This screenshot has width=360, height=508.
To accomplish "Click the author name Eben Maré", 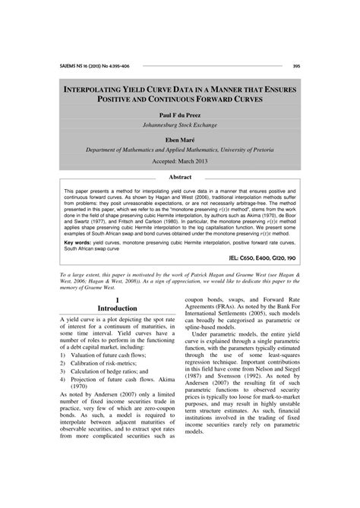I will click(179, 140).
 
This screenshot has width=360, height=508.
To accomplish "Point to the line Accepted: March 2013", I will click(179, 162).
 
